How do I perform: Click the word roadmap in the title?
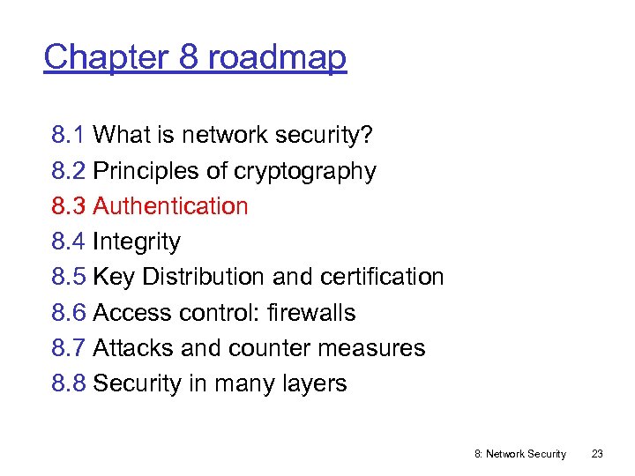(277, 57)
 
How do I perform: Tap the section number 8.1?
(69, 135)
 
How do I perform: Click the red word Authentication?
(170, 206)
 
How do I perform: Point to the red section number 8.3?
(69, 206)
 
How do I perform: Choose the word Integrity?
(136, 242)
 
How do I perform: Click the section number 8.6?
(69, 313)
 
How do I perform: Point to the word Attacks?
(133, 348)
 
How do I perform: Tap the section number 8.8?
(69, 383)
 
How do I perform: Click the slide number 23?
(597, 454)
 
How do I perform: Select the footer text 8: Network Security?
(520, 454)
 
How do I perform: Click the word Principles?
(143, 171)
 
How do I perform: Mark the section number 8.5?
(69, 277)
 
